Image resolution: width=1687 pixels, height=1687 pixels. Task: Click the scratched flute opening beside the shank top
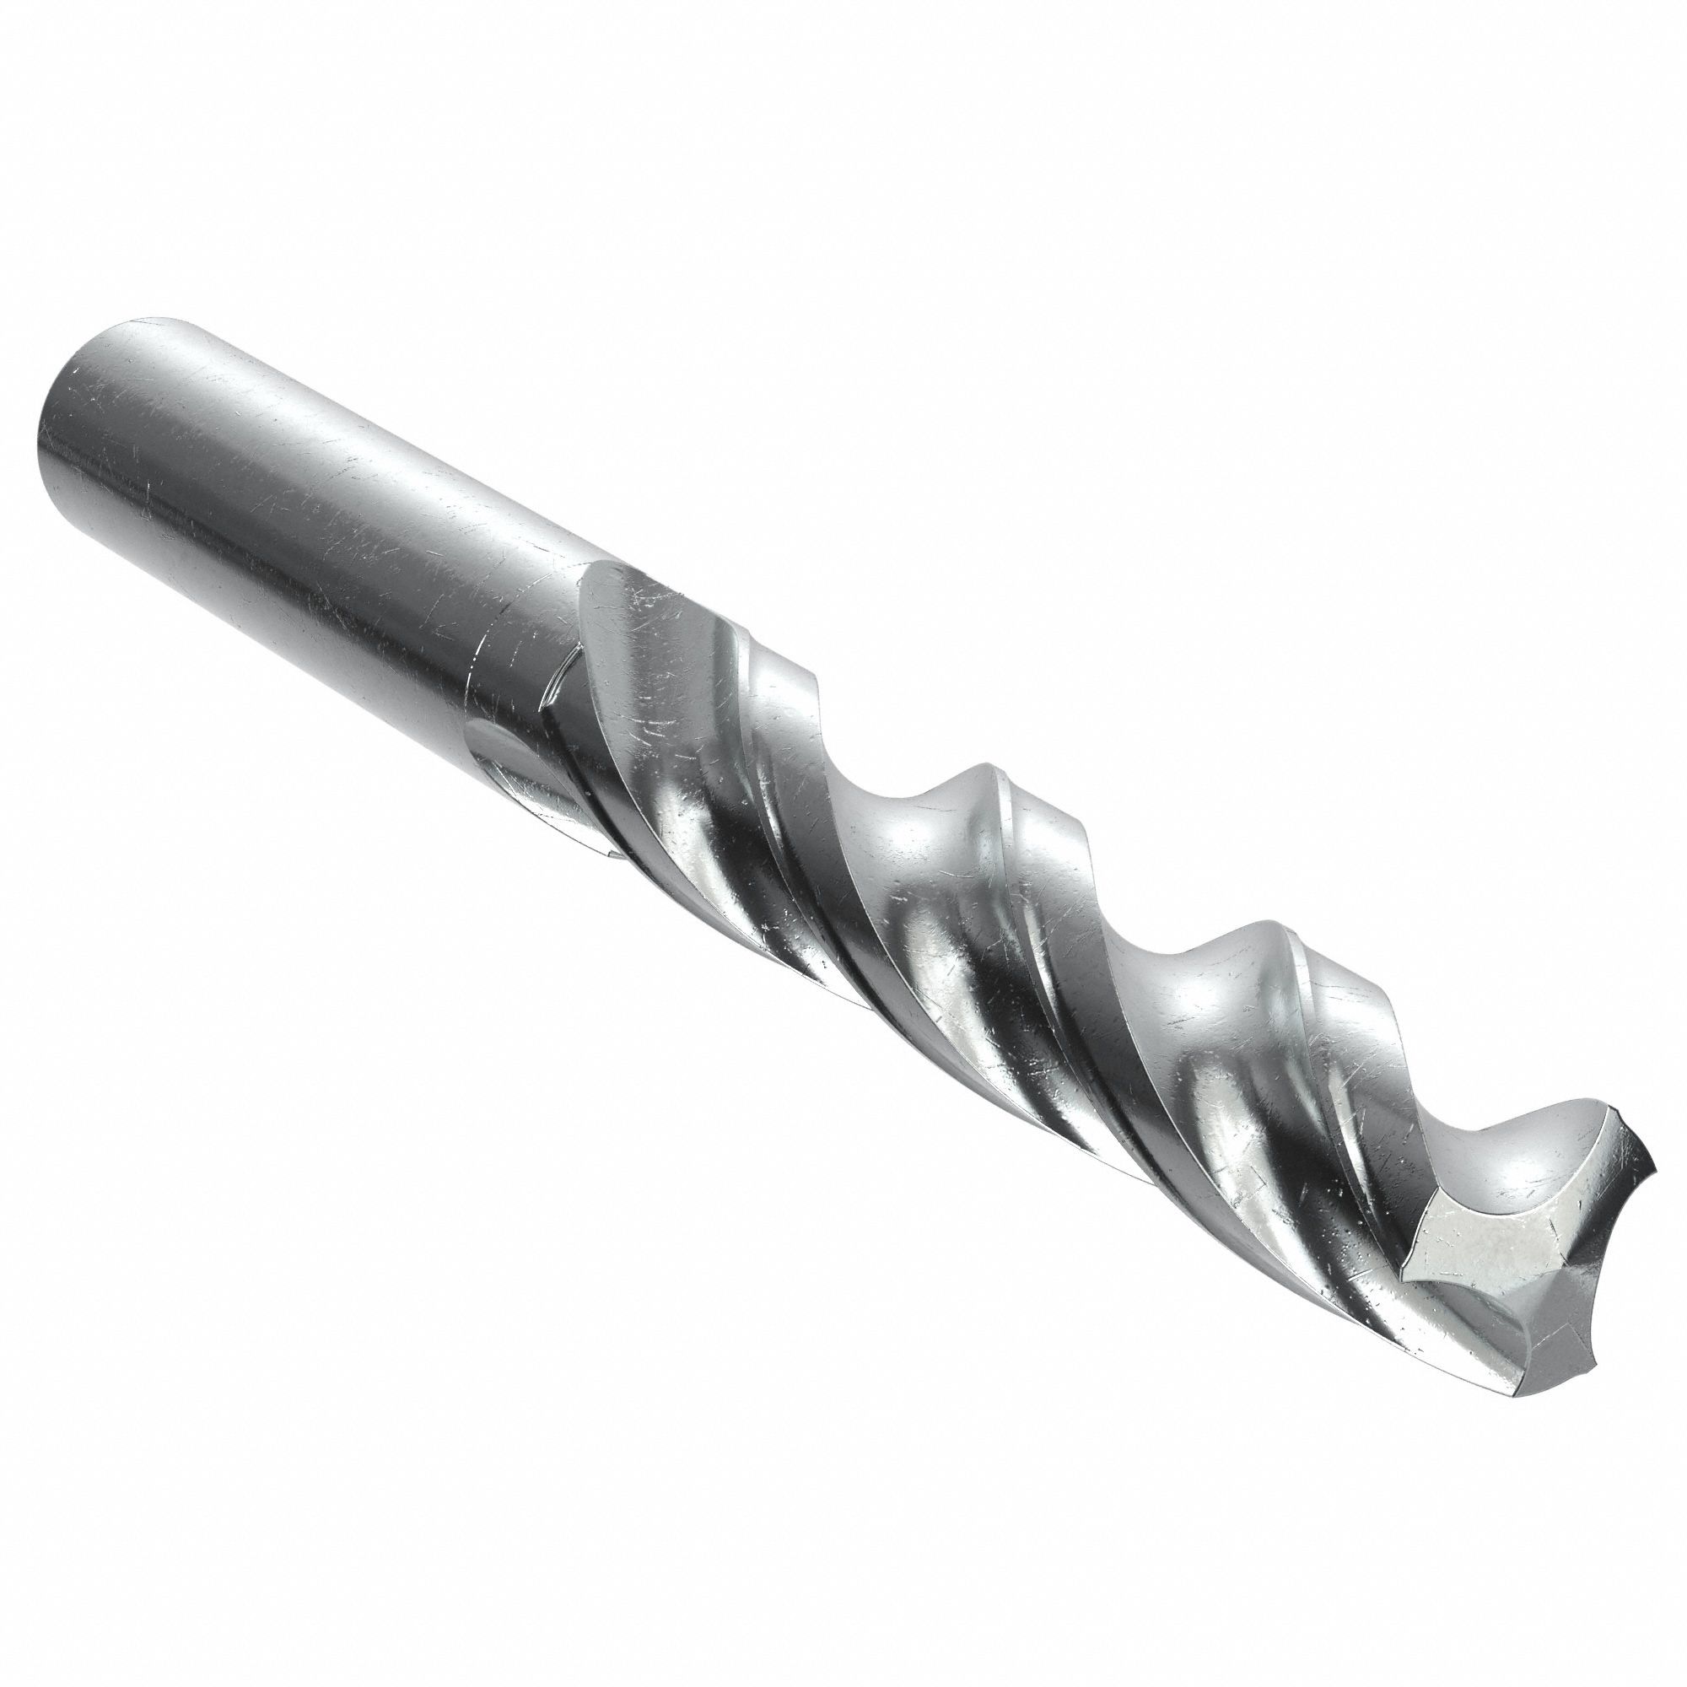[646, 628]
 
